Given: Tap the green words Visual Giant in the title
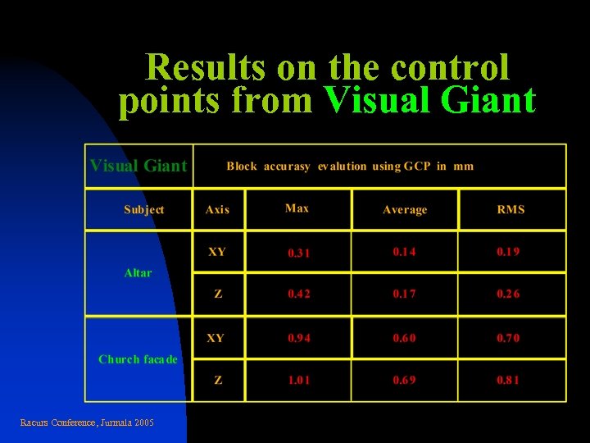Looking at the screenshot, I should point(430,101).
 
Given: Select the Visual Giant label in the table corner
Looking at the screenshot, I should point(138,166).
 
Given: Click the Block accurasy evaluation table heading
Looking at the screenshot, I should point(350,166).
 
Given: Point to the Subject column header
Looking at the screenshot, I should point(143,209).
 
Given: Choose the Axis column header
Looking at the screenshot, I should point(217,209).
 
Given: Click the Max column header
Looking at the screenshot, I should point(297,208).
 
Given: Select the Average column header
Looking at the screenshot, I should point(405,210).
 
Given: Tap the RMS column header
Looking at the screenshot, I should point(511,209).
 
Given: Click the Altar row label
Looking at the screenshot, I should point(138,272).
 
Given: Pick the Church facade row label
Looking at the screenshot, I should point(138,359).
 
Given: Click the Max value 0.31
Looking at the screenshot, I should point(298,253).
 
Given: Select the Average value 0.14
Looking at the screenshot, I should point(404,252).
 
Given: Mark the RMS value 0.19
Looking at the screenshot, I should point(508,252).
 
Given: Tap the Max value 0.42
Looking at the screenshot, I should point(298,294).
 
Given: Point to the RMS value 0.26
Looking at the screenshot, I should point(508,294).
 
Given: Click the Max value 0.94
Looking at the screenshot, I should point(298,337).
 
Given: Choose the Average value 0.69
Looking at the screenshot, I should point(404,380).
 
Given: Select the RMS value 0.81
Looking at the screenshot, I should point(508,380).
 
